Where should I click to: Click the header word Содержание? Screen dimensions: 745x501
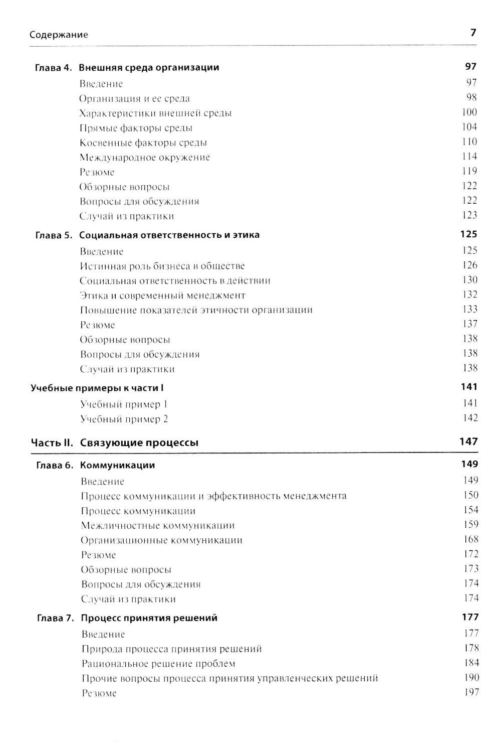(x=59, y=35)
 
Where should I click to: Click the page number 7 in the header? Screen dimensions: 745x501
(x=472, y=33)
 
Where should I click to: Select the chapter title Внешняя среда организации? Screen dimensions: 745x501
(x=149, y=67)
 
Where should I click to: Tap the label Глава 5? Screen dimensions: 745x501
(x=54, y=235)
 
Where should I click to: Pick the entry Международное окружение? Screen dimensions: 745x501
(x=144, y=158)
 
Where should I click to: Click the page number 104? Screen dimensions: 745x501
(x=469, y=127)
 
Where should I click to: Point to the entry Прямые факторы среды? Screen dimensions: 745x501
(x=136, y=128)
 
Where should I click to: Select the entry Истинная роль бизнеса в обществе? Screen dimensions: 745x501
(x=162, y=266)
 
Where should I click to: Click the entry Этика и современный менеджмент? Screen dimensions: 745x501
(x=163, y=295)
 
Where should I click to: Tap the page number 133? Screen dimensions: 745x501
(x=470, y=309)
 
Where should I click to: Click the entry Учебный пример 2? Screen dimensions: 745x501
(x=124, y=419)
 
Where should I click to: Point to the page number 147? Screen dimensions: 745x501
(x=468, y=441)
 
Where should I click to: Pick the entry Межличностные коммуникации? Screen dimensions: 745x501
(x=158, y=526)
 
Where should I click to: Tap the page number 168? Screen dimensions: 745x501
(x=471, y=539)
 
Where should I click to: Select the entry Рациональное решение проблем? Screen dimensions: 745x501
(x=158, y=664)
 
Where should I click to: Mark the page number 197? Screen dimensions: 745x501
(x=471, y=692)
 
